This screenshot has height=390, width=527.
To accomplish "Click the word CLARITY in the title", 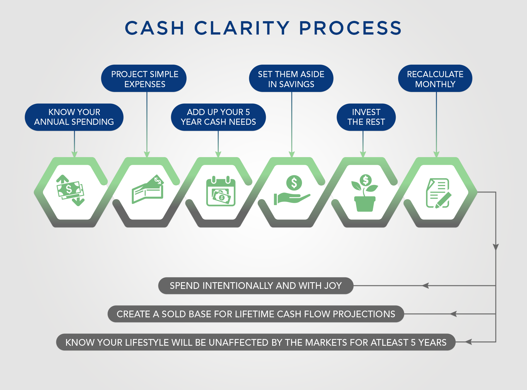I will pos(242,28).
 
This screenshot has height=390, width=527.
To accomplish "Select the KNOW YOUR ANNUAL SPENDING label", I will pos(74,117).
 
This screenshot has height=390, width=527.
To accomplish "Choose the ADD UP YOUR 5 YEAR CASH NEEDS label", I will pos(218,117).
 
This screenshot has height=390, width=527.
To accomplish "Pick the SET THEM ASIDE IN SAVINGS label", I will pos(291,79).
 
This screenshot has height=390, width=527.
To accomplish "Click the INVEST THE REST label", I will pos(366,117).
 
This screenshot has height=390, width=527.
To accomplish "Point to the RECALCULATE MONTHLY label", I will pos(435,79).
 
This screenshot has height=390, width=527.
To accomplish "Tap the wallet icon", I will pos(148,190).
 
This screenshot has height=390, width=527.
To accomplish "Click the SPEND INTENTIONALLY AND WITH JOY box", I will pos(256,286).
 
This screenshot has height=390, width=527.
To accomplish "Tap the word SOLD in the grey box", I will pos(174,314).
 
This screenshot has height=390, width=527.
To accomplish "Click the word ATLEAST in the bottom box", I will pos(389,342).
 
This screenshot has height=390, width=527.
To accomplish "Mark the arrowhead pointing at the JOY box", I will pos(426,286).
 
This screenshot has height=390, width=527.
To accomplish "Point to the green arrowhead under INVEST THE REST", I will pos(363,154).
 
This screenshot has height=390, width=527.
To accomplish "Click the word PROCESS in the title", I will pos(350,28).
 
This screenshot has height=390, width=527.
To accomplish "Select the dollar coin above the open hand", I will pos(294,183).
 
